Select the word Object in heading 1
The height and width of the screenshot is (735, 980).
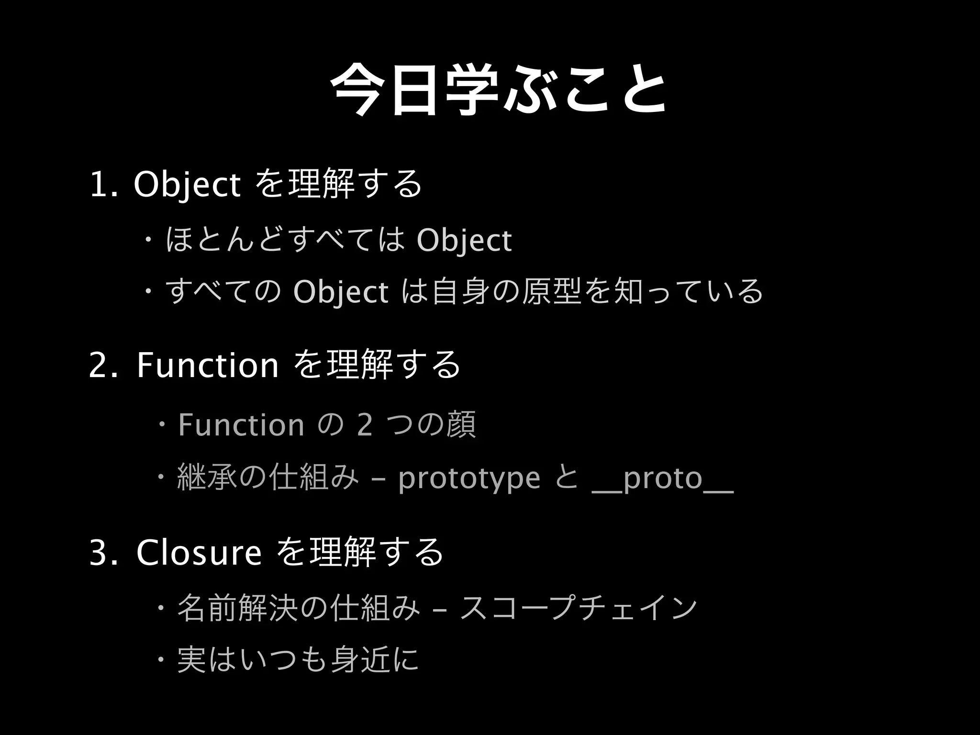[x=187, y=185]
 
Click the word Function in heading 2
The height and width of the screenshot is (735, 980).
[x=207, y=366]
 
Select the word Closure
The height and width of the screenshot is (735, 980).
[x=199, y=553]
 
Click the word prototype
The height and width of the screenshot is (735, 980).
[x=469, y=479]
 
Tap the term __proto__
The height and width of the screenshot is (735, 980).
[x=663, y=479]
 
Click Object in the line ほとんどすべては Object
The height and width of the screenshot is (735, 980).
[x=464, y=240]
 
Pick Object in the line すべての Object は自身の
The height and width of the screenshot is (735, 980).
[x=340, y=292]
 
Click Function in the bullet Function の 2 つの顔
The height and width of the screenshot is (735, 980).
[x=241, y=425]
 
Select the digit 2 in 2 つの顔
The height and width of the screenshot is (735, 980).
[x=365, y=425]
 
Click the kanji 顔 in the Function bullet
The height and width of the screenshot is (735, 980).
[x=461, y=425]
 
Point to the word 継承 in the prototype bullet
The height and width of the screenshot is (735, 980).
[x=207, y=479]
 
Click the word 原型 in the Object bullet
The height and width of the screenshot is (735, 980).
[x=552, y=292]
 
